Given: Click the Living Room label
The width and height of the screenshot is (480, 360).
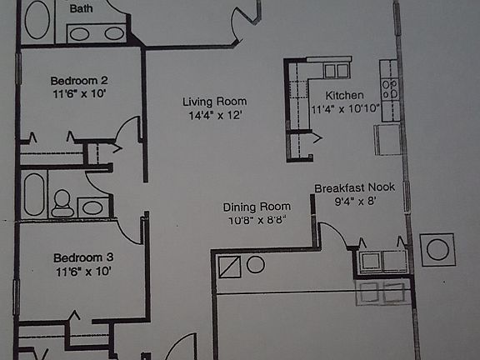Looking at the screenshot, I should click(x=214, y=102).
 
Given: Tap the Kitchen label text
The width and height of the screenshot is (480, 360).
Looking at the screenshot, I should click(x=344, y=95).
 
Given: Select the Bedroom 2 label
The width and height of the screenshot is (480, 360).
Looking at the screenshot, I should click(x=80, y=81).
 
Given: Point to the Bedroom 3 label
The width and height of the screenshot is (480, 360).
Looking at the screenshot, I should click(x=82, y=257).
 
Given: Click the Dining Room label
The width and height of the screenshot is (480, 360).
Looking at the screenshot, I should click(x=257, y=207).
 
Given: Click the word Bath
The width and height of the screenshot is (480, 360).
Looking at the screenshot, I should click(x=81, y=9).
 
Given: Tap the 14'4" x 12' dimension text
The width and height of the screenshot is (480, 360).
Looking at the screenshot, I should click(x=214, y=116).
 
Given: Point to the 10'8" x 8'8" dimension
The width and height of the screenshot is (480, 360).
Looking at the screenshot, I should click(x=256, y=219).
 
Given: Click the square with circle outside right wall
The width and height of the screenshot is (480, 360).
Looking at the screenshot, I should click(x=437, y=249).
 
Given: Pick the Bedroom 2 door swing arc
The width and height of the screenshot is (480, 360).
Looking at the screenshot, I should click(x=127, y=133).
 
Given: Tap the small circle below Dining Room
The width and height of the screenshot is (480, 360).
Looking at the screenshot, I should click(x=256, y=265).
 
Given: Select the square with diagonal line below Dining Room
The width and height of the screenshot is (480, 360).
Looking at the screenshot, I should click(x=228, y=267).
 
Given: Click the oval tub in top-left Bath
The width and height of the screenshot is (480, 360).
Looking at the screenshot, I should click(x=37, y=19).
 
